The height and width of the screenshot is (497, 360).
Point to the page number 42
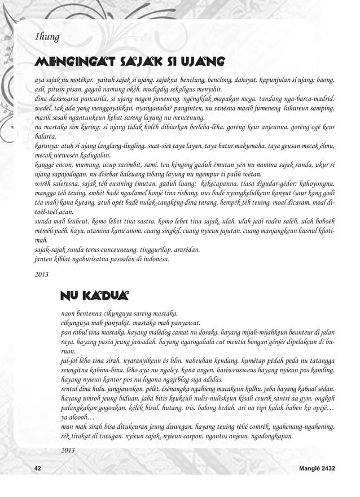click(38, 468)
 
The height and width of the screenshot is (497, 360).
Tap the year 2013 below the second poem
click(68, 450)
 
